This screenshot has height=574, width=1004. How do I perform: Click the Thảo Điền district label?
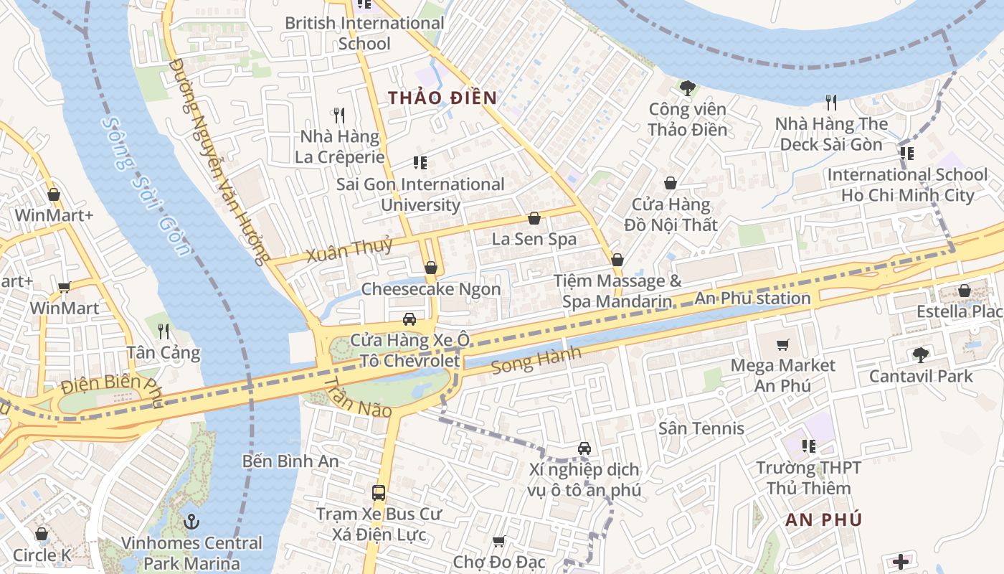coord(442,98)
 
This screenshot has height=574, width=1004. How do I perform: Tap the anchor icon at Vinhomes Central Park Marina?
coord(191,522)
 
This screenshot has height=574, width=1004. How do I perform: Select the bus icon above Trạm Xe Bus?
coord(379,493)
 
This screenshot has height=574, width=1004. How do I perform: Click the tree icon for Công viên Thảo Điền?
coord(687,88)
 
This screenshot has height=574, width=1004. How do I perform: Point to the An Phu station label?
coord(753,298)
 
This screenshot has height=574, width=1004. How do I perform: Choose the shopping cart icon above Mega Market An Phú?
coord(782,345)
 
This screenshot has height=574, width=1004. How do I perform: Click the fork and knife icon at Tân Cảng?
coord(164,331)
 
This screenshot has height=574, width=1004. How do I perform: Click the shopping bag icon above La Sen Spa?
coord(534,218)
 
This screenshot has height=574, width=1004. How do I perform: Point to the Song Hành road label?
coord(536,361)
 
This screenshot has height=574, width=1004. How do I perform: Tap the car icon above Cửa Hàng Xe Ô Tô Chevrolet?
coord(409,319)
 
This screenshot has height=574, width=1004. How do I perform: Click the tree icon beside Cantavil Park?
coord(920,354)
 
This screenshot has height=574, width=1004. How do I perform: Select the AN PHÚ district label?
coord(823,520)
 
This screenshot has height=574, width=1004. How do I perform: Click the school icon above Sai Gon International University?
coord(420,164)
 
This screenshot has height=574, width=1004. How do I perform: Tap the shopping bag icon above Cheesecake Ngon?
coord(430,268)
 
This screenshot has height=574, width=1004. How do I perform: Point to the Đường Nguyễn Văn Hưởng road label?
coord(218,161)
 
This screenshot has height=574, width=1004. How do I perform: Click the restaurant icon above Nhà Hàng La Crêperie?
coord(339,115)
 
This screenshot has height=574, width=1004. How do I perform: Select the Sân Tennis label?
coord(701,428)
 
